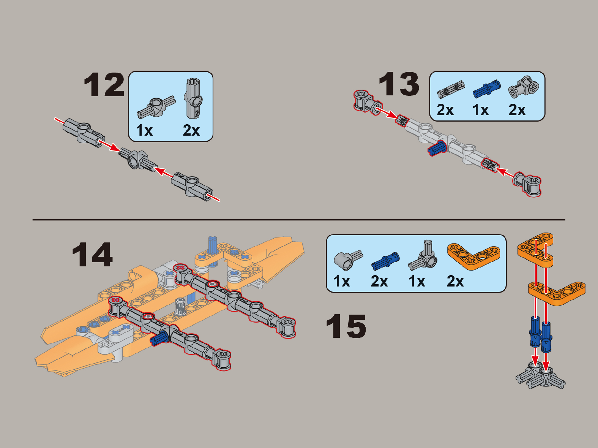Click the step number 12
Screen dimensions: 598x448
click(104, 85)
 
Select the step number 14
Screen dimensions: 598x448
click(92, 255)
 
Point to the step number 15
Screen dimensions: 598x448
click(346, 326)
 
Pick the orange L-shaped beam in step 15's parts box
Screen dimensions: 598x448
click(473, 256)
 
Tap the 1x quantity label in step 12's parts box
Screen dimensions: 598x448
click(144, 130)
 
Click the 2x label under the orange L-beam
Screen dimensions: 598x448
click(455, 281)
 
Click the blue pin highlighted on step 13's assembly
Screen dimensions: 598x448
click(437, 148)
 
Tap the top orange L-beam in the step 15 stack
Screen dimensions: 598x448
click(535, 250)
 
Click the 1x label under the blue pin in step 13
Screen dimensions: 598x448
click(480, 110)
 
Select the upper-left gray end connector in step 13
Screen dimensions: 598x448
click(368, 101)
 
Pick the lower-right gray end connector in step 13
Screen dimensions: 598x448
click(527, 184)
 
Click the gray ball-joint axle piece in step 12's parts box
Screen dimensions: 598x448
click(156, 108)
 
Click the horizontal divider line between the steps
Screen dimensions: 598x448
click(299, 220)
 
